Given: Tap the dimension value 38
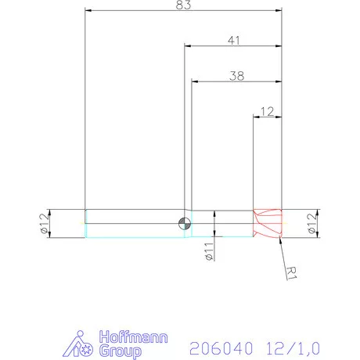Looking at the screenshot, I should pyautogui.click(x=236, y=75).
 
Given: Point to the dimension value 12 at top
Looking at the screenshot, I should pyautogui.click(x=267, y=111).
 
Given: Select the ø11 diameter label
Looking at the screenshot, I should pyautogui.click(x=209, y=250).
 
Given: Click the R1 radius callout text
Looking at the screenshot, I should pyautogui.click(x=291, y=272).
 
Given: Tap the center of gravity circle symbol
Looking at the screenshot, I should pyautogui.click(x=184, y=223).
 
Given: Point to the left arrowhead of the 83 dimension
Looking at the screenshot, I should pyautogui.click(x=88, y=11).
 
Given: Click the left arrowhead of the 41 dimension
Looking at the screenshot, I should pyautogui.click(x=188, y=45).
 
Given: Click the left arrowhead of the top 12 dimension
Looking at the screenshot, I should pyautogui.click(x=255, y=117).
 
